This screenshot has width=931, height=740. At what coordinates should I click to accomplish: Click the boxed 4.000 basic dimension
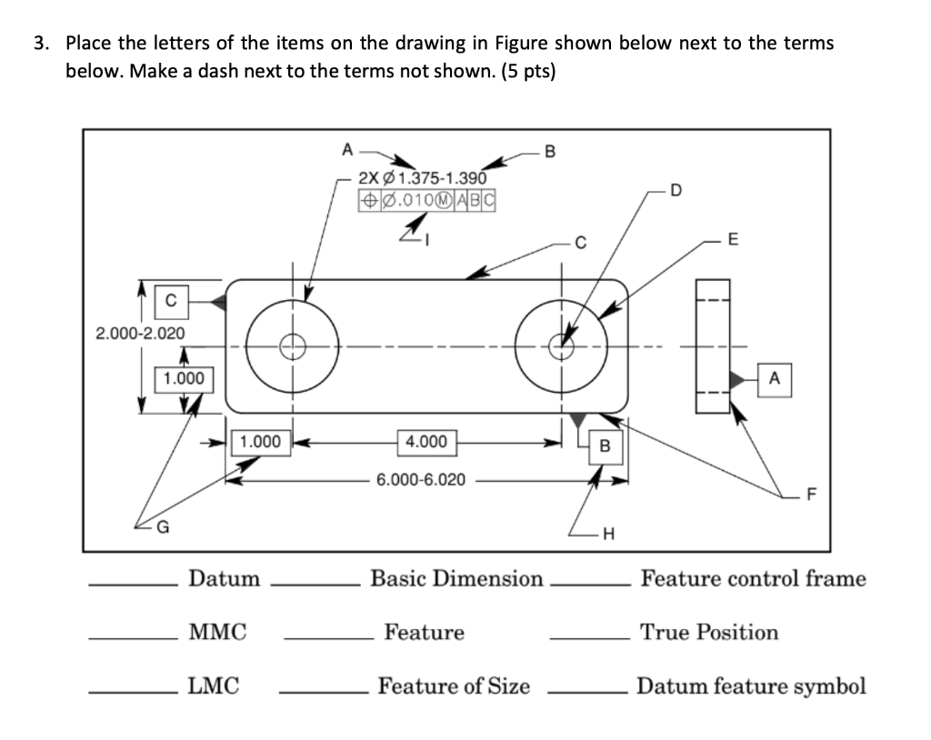click(x=426, y=443)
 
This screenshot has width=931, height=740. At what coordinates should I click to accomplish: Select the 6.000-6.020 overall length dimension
click(x=421, y=480)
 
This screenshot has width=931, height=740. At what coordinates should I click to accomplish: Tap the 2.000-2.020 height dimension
click(x=140, y=333)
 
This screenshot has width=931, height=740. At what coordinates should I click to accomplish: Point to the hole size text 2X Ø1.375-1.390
click(x=424, y=178)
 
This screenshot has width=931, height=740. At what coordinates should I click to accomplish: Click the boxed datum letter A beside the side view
click(x=774, y=377)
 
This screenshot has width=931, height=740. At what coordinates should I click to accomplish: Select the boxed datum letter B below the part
click(x=604, y=445)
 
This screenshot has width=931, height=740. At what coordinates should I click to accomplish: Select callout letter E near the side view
click(x=733, y=241)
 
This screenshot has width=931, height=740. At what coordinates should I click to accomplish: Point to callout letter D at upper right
click(x=674, y=189)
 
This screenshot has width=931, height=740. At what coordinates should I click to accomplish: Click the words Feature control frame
click(x=753, y=578)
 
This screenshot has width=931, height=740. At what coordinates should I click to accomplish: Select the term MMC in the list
click(x=217, y=632)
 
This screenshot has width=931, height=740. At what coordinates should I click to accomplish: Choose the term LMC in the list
click(x=214, y=686)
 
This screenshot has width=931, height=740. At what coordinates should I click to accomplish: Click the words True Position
click(x=709, y=632)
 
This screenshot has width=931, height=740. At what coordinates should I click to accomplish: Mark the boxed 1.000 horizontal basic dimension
click(x=259, y=443)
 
